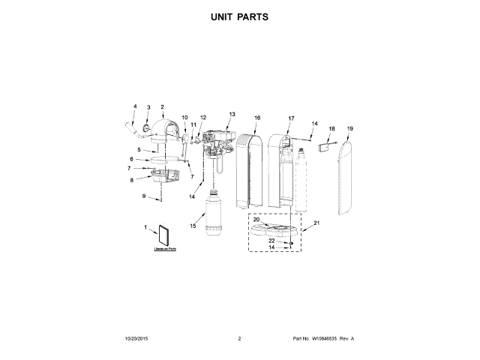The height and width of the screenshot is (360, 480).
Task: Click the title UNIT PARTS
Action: point(240,16)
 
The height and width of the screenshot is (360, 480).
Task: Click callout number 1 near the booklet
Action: point(145,226)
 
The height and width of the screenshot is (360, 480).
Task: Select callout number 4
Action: point(135,106)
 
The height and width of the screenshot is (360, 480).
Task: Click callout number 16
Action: point(257,118)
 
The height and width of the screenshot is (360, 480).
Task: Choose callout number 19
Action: point(349,129)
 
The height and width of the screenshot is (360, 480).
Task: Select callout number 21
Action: point(316,223)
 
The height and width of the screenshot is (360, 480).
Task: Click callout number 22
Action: point(271,241)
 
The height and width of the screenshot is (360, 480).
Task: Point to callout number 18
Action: point(332,129)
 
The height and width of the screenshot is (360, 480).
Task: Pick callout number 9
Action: point(144,196)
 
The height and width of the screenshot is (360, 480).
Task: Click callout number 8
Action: point(132,180)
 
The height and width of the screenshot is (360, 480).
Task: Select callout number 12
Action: point(202,118)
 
